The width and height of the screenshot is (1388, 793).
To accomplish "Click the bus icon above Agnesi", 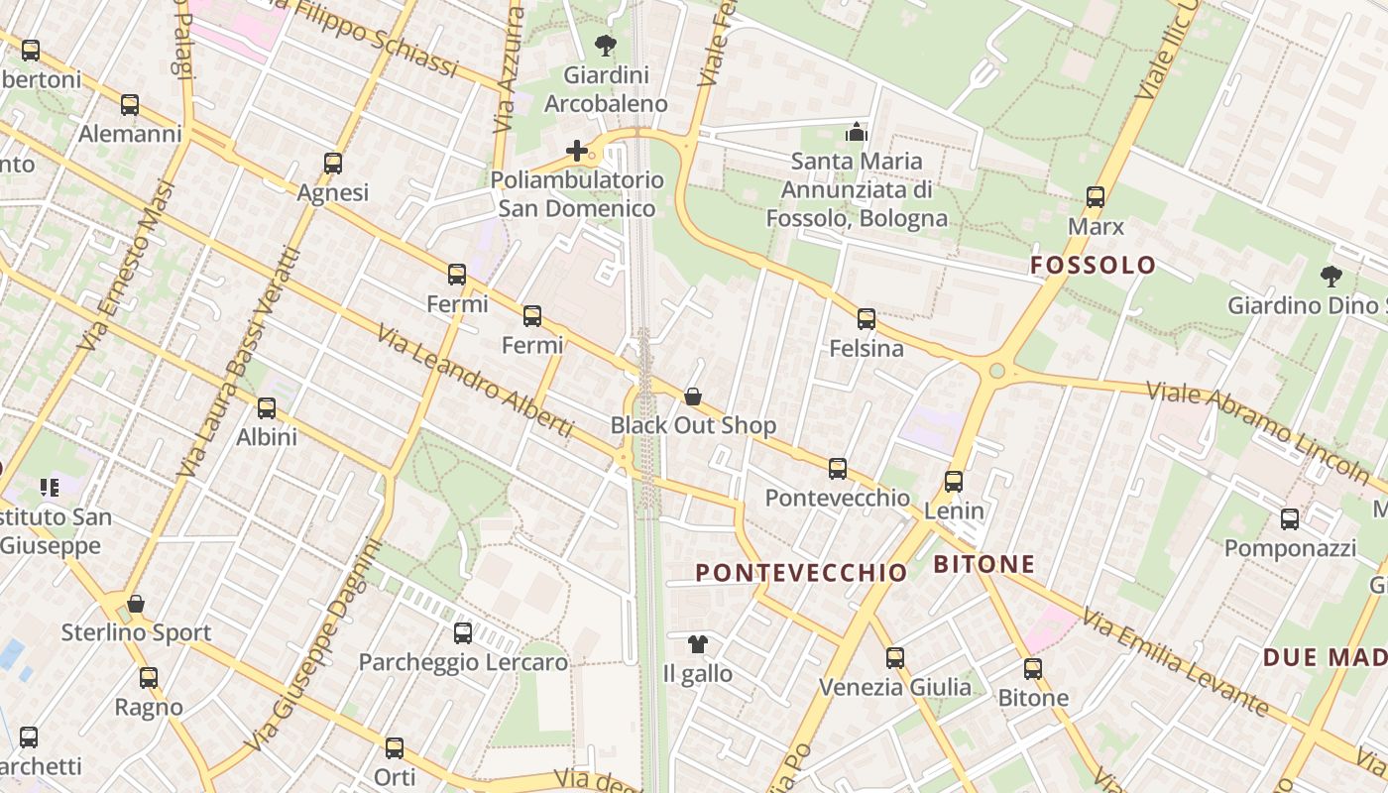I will click(x=333, y=164).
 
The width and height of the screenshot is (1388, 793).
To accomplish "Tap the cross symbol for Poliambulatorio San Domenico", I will click(x=577, y=151).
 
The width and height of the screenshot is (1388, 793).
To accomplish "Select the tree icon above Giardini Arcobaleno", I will click(x=605, y=46).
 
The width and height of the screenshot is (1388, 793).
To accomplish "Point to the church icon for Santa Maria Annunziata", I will click(x=857, y=132).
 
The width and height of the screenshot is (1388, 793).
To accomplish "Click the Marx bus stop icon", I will click(x=1096, y=197).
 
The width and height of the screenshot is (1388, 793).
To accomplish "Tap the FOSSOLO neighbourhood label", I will click(x=1093, y=265).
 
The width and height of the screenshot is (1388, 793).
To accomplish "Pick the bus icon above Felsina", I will click(x=867, y=319).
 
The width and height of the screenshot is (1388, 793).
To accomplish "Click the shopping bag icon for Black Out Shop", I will click(x=693, y=396).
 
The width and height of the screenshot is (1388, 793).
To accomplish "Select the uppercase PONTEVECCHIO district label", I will click(x=801, y=573).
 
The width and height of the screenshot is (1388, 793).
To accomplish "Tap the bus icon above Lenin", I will click(x=954, y=482).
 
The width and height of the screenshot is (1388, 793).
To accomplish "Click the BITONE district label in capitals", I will click(x=984, y=565).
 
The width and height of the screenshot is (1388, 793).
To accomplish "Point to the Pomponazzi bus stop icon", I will click(x=1290, y=519).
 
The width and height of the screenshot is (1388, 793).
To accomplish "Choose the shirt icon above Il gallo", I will click(x=698, y=644).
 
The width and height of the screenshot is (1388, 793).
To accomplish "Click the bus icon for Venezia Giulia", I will click(x=895, y=657).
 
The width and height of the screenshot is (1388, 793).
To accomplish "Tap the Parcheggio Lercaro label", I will click(x=463, y=662).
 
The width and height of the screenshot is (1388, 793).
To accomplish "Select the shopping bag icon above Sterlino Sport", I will click(x=136, y=603).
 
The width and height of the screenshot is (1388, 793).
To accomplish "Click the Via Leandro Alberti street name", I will click(x=476, y=381).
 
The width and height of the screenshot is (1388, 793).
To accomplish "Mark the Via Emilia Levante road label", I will click(x=1176, y=662).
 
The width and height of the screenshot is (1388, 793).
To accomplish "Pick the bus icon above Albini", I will click(x=267, y=407).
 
